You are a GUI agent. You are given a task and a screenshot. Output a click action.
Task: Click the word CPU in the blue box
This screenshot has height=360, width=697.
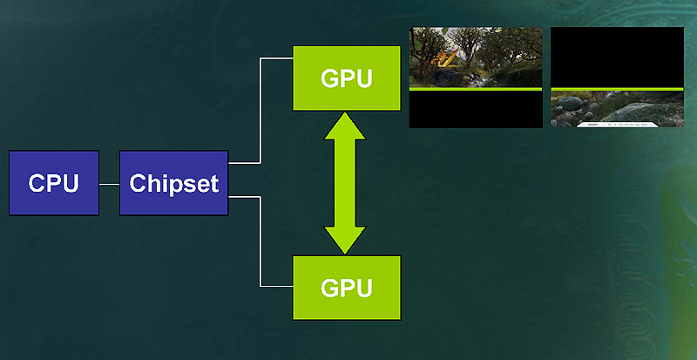[53, 183]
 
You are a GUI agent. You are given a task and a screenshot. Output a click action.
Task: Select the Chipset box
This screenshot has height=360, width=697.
[173, 182]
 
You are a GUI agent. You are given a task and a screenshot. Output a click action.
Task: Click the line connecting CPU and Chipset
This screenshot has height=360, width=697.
[109, 184]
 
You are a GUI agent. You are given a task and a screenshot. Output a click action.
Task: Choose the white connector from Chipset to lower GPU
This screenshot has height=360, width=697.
[261, 244]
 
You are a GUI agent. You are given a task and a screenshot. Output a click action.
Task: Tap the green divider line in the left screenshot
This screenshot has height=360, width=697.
[476, 89]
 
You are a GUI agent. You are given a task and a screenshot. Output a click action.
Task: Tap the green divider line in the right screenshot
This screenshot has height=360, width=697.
[617, 88]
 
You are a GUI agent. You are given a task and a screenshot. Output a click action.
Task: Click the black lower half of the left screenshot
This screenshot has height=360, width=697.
[476, 109]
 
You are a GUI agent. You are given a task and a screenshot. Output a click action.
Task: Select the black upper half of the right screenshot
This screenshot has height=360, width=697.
[617, 57]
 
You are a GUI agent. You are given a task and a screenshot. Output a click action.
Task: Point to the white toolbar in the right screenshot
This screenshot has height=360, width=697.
[616, 124]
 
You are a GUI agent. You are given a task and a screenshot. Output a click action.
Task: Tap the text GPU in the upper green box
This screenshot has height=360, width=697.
[347, 78]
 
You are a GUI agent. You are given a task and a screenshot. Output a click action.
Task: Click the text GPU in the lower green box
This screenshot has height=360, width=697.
[347, 287]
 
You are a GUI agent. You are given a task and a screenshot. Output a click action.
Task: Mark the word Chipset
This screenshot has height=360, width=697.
[173, 183]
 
